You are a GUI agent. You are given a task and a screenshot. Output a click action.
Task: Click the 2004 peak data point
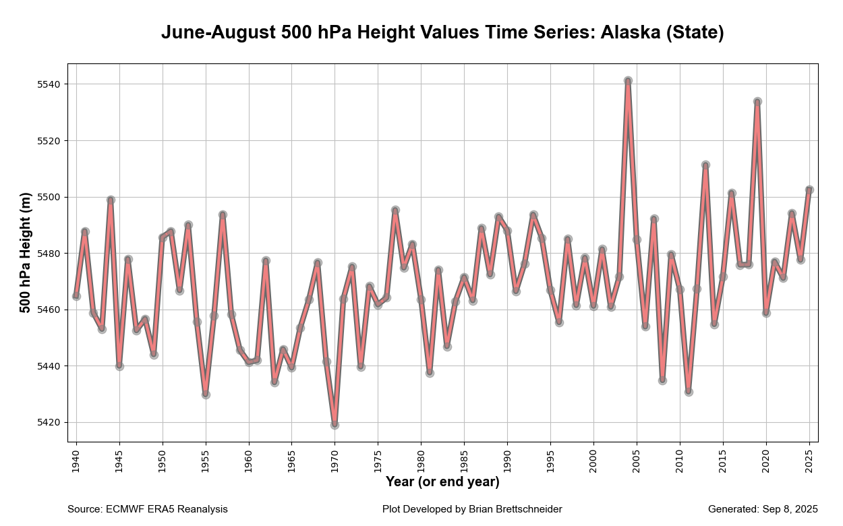pyautogui.click(x=628, y=81)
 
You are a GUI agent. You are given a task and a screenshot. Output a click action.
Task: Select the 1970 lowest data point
pyautogui.click(x=335, y=425)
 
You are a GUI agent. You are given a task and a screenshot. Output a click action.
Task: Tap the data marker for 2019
pyautogui.click(x=757, y=102)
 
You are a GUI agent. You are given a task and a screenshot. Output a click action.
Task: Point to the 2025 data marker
pyautogui.click(x=809, y=190)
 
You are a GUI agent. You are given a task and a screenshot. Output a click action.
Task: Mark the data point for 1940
pyautogui.click(x=76, y=296)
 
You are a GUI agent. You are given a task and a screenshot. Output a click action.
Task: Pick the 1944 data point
pyautogui.click(x=111, y=200)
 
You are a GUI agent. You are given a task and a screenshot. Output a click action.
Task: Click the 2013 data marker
pyautogui.click(x=705, y=165)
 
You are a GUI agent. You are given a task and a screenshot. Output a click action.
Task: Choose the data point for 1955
pyautogui.click(x=206, y=394)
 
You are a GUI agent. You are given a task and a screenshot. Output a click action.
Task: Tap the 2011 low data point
pyautogui.click(x=689, y=392)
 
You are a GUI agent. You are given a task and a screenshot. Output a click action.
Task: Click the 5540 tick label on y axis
pyautogui.click(x=49, y=84)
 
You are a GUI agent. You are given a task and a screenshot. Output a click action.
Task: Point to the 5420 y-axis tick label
pyautogui.click(x=49, y=423)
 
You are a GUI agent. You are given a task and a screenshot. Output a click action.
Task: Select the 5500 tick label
pyautogui.click(x=49, y=198)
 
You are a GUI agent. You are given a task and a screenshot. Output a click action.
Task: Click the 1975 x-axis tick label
pyautogui.click(x=378, y=461)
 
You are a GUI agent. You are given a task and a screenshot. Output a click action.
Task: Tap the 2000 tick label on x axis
pyautogui.click(x=593, y=461)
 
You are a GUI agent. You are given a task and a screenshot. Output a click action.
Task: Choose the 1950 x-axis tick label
pyautogui.click(x=162, y=461)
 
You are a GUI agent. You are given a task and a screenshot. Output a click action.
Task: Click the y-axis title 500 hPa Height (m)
pyautogui.click(x=26, y=254)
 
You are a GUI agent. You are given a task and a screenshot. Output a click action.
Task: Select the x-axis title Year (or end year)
pyautogui.click(x=442, y=482)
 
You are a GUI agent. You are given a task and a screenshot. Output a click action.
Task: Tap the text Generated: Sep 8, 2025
pyautogui.click(x=763, y=509)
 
